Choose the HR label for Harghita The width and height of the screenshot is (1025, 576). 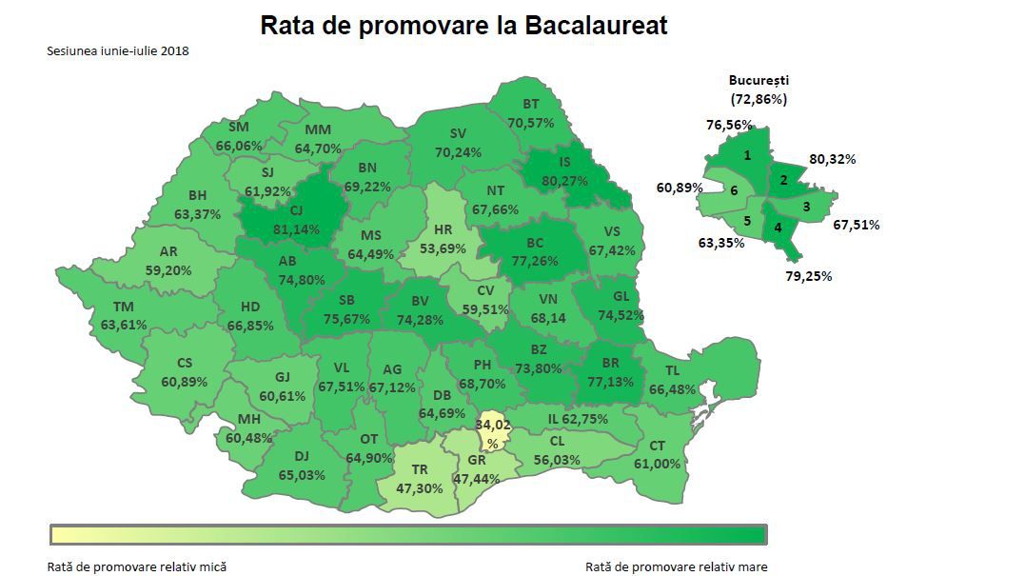(443, 229)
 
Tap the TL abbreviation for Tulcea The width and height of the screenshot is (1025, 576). (673, 371)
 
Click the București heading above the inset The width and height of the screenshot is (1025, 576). (759, 81)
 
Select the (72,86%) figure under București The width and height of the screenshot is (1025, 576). (759, 99)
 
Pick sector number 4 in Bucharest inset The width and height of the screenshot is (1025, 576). (778, 228)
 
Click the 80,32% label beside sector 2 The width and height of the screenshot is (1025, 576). (832, 159)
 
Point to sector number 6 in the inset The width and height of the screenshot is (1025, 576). (734, 190)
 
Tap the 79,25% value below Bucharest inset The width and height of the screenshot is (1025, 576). (809, 276)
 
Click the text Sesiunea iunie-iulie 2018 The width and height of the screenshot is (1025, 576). (118, 50)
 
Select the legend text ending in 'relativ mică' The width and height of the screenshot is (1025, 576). (137, 566)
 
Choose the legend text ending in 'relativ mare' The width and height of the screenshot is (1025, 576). (676, 566)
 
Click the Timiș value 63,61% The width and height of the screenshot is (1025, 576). (124, 324)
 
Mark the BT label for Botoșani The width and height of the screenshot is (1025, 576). (531, 105)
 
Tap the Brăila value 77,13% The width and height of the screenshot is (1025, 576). (610, 381)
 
